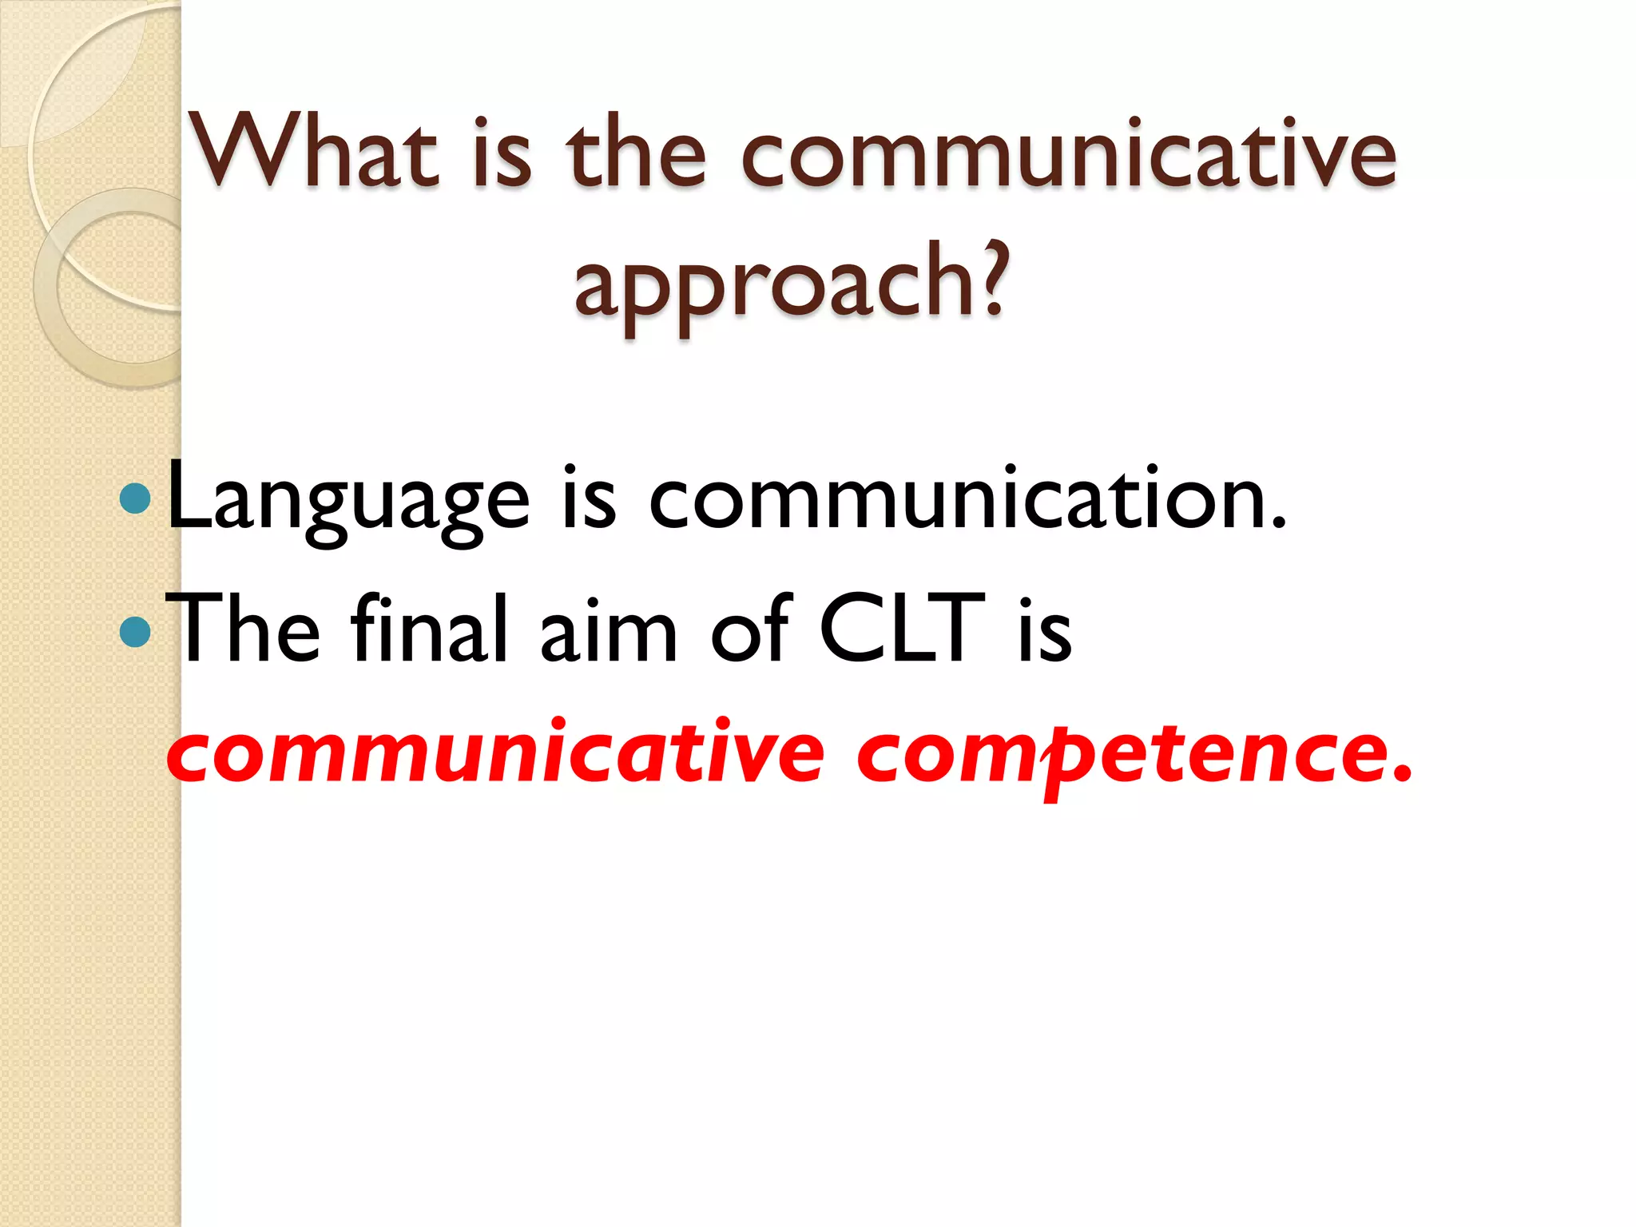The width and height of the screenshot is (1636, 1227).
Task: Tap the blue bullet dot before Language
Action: (x=134, y=499)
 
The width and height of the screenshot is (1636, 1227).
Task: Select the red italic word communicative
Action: (x=495, y=755)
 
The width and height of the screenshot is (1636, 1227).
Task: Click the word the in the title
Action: (x=636, y=152)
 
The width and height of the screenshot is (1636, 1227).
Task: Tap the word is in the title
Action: (x=502, y=152)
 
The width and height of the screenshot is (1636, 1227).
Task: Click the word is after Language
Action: (x=590, y=499)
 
